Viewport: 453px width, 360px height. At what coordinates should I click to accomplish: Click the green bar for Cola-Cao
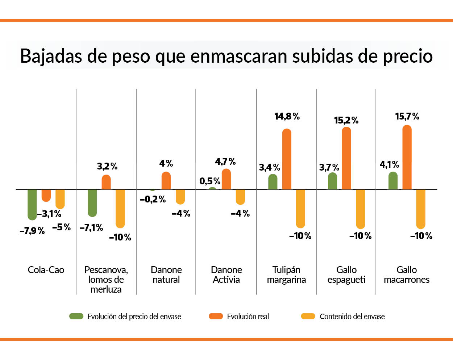[x=32, y=204]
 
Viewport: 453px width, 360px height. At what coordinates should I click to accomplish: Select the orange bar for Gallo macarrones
[x=407, y=158]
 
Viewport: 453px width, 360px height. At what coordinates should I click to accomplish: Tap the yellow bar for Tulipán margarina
[x=300, y=208]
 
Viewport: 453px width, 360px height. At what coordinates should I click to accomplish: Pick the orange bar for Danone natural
[x=166, y=181]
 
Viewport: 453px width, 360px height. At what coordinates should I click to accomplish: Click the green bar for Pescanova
[x=92, y=202]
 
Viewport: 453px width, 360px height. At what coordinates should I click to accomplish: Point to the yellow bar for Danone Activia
[x=240, y=197]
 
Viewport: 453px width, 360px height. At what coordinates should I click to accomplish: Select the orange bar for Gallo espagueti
[x=346, y=158]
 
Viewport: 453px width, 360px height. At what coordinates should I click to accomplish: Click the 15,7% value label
[x=407, y=116]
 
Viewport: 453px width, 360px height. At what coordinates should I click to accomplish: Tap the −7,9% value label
[x=32, y=231]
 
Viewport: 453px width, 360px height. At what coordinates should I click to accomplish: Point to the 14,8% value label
[x=287, y=116]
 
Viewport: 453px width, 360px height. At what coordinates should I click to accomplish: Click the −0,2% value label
[x=153, y=199]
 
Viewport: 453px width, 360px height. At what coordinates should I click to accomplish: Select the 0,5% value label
[x=210, y=181]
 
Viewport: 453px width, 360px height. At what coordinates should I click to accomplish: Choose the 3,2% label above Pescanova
[x=107, y=166]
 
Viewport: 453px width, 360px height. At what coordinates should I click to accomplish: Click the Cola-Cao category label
[x=46, y=270]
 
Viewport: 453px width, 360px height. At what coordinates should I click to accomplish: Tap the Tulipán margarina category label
[x=286, y=275]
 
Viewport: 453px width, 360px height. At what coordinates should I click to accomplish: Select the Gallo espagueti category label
[x=346, y=275]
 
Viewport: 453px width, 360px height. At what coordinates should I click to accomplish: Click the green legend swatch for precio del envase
[x=76, y=316]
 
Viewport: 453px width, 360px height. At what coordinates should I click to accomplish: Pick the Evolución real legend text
[x=248, y=317]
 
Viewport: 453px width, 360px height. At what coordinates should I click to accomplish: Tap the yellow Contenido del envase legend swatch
[x=308, y=316]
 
